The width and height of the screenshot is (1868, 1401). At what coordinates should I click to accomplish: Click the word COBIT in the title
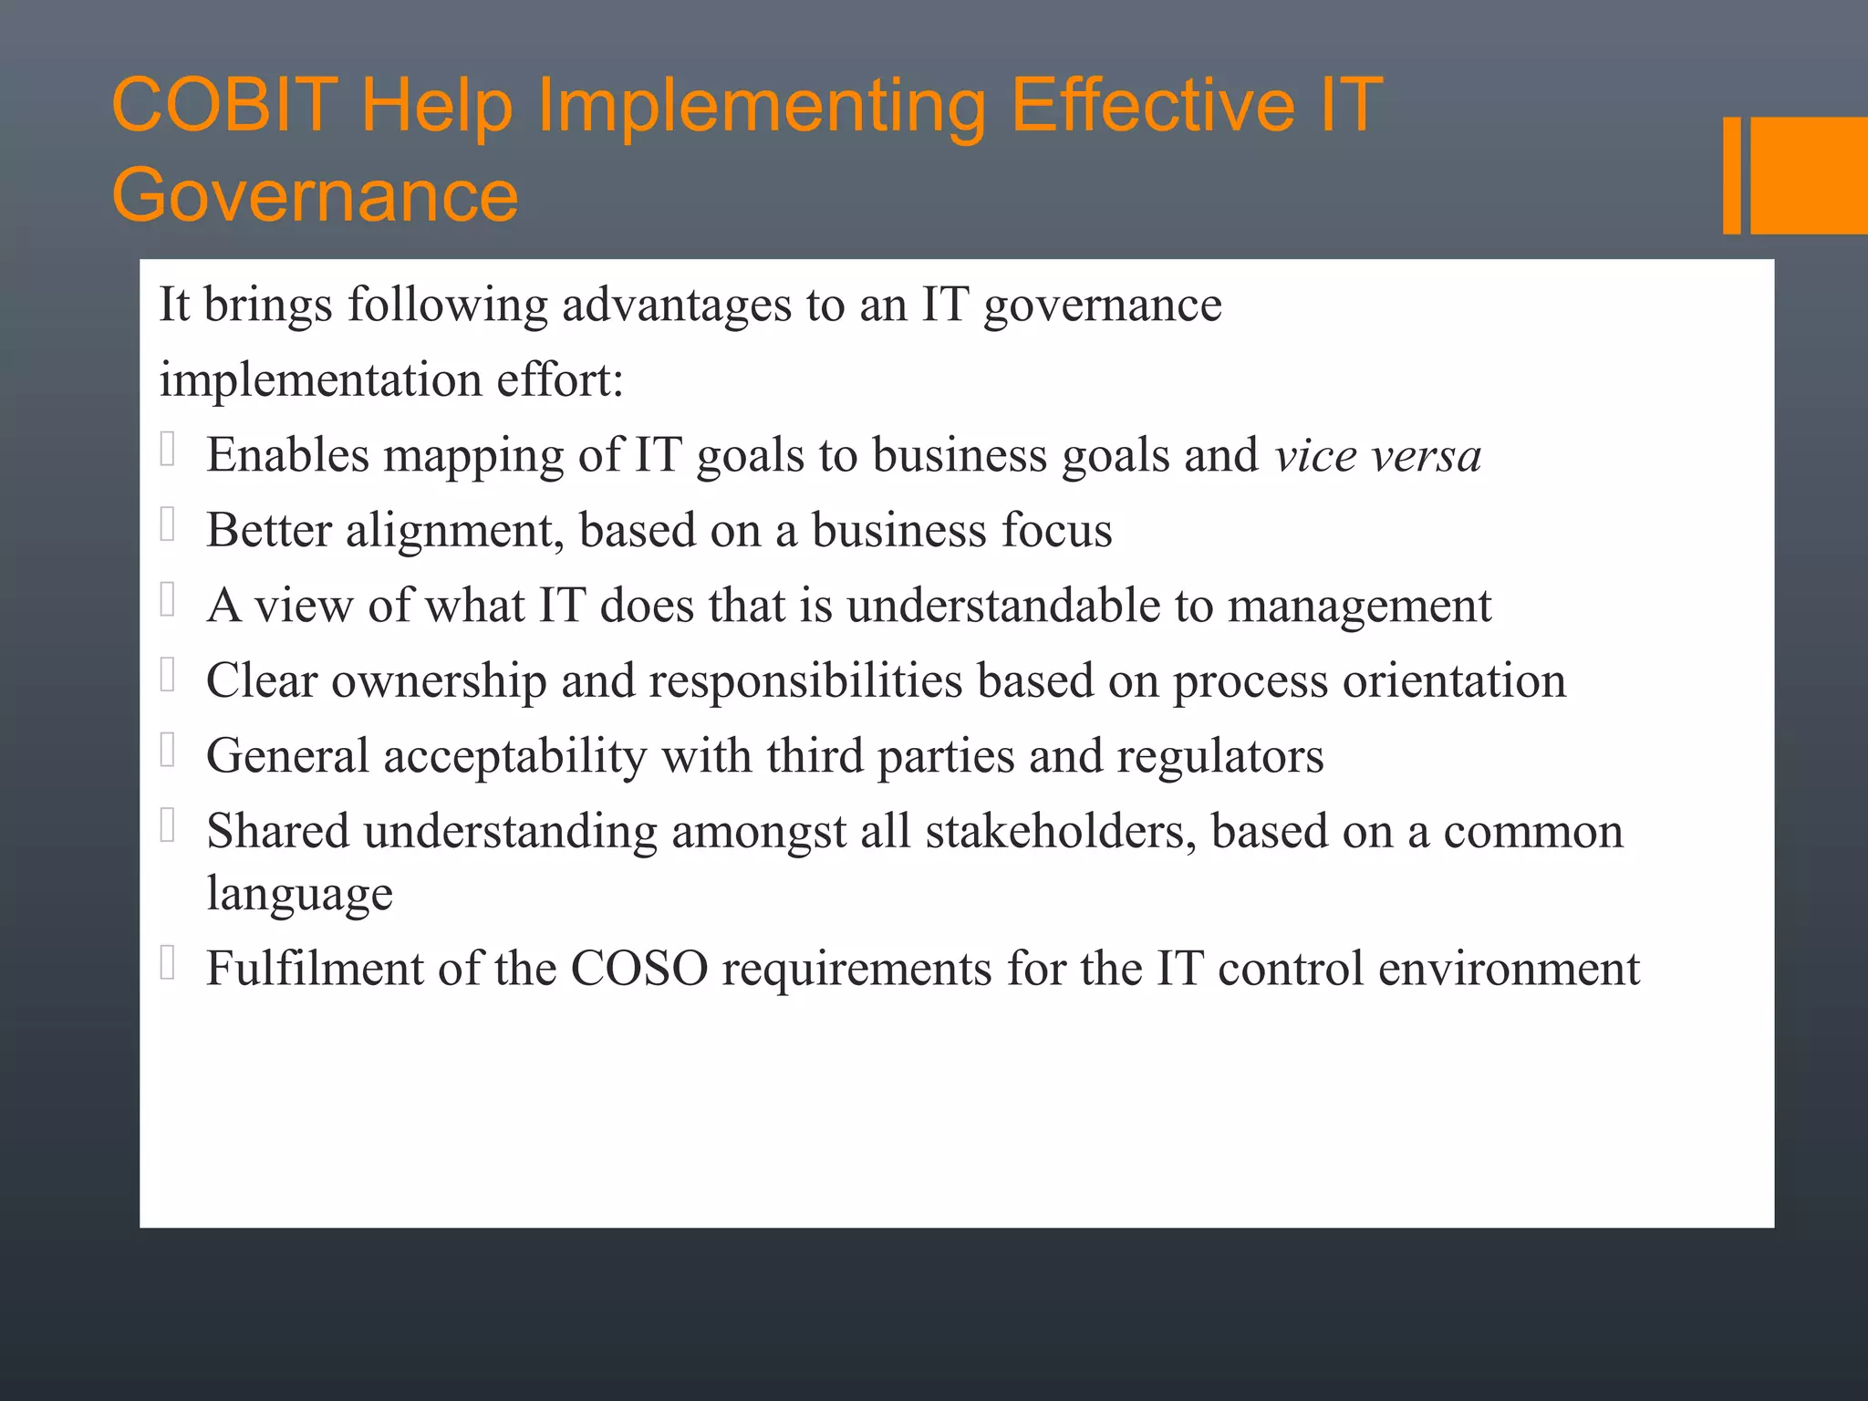click(x=224, y=105)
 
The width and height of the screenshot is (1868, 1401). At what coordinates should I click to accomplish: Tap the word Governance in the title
click(x=315, y=196)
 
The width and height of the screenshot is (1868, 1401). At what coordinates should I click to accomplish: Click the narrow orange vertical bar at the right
click(x=1731, y=175)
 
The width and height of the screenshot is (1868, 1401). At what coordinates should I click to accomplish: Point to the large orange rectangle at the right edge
click(x=1809, y=175)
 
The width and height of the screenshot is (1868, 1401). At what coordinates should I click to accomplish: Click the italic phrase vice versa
click(x=1377, y=455)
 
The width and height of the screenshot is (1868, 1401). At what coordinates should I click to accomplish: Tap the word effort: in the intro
click(x=560, y=379)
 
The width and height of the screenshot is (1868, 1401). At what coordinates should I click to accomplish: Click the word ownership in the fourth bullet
click(x=438, y=681)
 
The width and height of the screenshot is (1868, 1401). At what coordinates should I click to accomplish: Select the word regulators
click(x=1219, y=756)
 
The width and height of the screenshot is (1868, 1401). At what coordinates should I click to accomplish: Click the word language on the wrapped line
click(x=299, y=894)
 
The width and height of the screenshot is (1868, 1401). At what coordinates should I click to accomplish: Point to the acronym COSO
click(x=639, y=969)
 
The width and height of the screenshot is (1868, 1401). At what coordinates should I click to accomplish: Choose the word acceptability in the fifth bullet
click(x=515, y=756)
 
